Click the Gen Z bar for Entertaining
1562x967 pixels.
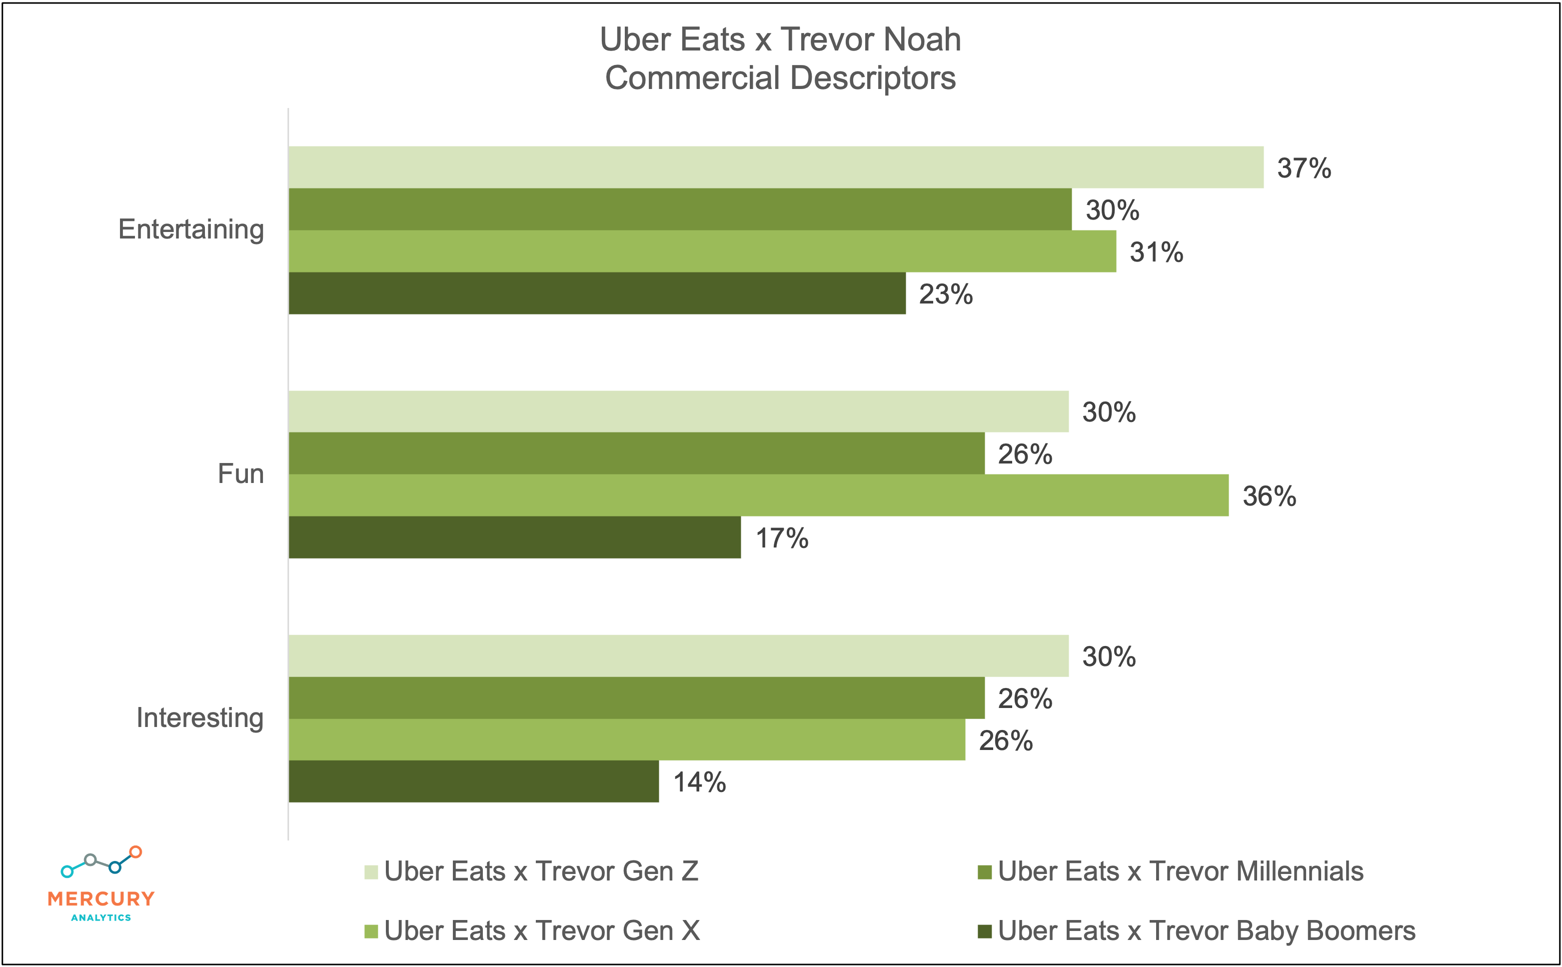[x=776, y=167]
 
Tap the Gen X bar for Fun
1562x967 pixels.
[x=758, y=495]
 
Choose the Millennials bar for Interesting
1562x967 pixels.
[x=636, y=697]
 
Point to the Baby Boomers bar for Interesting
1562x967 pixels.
[x=473, y=781]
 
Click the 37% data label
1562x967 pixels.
[x=1304, y=168]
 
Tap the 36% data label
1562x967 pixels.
[x=1269, y=496]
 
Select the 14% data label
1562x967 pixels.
[x=699, y=782]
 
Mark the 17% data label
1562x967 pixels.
[x=781, y=538]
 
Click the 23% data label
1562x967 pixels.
[x=946, y=294]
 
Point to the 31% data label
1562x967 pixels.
[x=1156, y=252]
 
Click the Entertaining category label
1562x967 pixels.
[x=190, y=229]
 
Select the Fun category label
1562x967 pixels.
[x=240, y=474]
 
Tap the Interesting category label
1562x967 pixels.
[x=199, y=718]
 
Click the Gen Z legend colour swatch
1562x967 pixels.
[x=371, y=871]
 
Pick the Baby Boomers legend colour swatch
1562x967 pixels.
[x=985, y=931]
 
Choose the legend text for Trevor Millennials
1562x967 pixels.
[x=1180, y=871]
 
